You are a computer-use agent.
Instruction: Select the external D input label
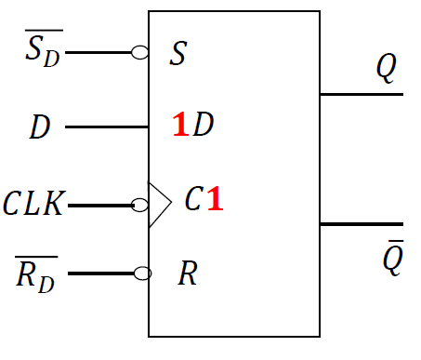39,127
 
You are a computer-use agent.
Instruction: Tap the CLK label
33,204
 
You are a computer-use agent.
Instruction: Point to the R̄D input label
36,274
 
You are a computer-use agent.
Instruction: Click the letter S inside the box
178,54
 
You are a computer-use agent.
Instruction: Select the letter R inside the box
187,274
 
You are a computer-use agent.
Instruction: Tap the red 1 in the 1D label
180,126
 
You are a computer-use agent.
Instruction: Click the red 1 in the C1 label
215,200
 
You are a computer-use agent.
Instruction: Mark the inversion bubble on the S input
140,53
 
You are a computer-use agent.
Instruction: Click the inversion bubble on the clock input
140,205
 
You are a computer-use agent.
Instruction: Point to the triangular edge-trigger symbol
159,205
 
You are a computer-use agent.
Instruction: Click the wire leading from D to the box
106,127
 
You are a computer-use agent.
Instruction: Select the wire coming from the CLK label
100,205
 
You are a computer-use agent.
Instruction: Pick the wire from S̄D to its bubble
99,53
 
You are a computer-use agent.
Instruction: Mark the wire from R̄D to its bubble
100,273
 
